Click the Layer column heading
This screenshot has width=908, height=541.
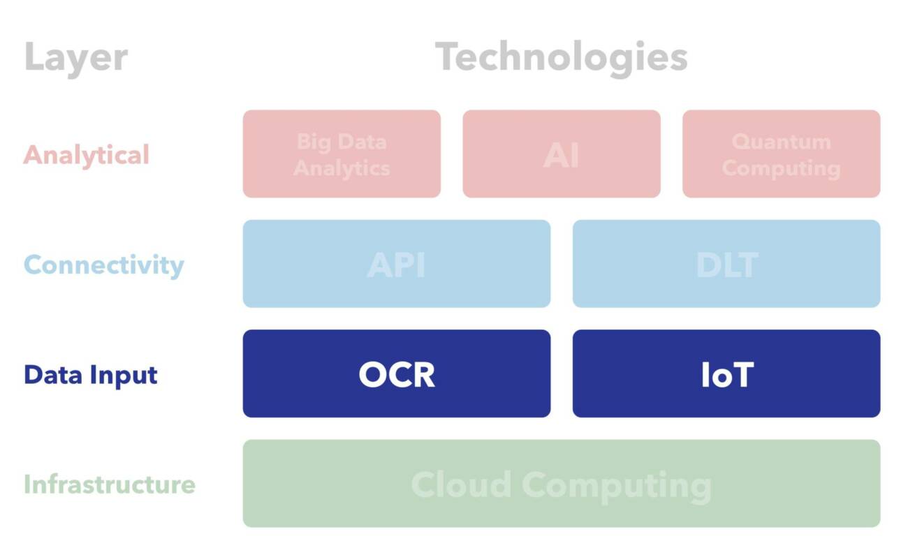click(x=75, y=57)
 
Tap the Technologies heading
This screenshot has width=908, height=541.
click(x=561, y=57)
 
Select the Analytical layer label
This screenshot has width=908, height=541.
click(x=87, y=154)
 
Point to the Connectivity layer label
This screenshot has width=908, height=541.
click(x=103, y=265)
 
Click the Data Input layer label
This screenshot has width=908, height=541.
click(x=91, y=374)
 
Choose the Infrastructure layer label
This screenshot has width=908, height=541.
click(x=110, y=484)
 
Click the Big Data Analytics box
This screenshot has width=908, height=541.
click(x=342, y=154)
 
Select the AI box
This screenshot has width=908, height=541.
click(x=561, y=154)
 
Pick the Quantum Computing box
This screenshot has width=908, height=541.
click(x=781, y=154)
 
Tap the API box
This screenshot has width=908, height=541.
click(x=396, y=264)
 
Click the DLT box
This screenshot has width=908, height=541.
click(x=726, y=264)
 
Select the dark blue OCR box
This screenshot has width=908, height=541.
click(x=396, y=373)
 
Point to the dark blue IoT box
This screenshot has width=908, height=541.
click(x=726, y=373)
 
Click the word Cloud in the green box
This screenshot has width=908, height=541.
click(x=462, y=484)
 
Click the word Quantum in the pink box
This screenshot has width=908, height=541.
click(x=781, y=142)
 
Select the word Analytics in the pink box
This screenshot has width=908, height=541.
click(x=342, y=168)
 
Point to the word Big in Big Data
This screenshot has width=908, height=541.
click(x=312, y=142)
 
